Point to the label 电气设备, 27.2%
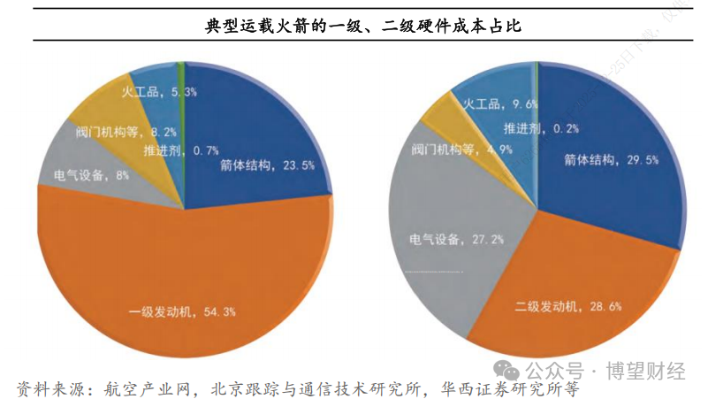click(445, 239)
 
